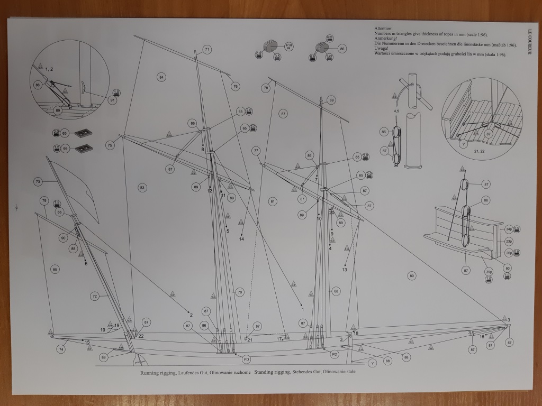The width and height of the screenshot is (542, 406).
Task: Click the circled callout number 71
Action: coord(206,49)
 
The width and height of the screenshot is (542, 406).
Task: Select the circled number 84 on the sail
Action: coord(161,77)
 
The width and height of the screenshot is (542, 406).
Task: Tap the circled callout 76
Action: coord(235,86)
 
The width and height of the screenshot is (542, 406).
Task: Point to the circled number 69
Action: coord(331,100)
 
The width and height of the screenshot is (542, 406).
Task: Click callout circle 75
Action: coord(110,145)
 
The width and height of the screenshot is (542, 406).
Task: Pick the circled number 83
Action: coord(142,187)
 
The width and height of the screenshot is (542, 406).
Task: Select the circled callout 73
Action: coord(38,182)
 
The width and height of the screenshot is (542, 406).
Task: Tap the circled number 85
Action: coord(55,270)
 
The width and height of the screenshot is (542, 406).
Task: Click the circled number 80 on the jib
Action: coord(411,275)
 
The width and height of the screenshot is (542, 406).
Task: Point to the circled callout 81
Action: coord(273,201)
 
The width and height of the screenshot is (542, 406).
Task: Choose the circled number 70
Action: coord(239,292)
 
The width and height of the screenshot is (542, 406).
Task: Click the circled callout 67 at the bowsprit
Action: coord(509,343)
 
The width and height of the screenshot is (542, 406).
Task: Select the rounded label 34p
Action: coord(508,229)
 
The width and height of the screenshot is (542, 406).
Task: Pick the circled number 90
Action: coord(63,238)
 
